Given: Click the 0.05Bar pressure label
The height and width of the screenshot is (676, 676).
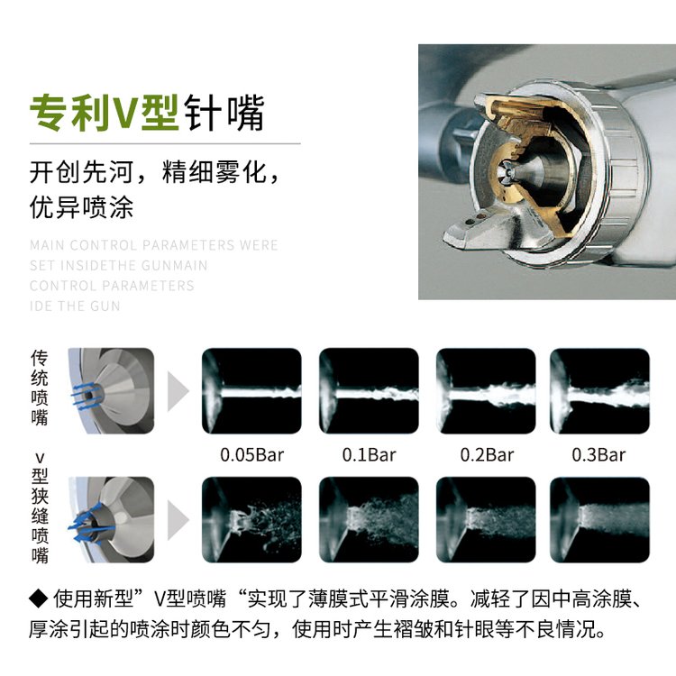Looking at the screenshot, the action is click(x=251, y=455).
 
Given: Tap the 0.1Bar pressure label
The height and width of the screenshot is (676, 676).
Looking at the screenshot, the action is click(x=369, y=455).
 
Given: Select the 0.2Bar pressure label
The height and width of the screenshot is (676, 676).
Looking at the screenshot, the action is click(x=487, y=455).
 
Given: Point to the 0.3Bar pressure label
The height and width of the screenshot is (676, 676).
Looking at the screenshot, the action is click(x=598, y=455).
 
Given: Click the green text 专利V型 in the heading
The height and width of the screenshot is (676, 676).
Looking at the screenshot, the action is click(x=104, y=113).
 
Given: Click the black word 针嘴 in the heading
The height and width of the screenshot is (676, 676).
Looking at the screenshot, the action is click(x=224, y=113).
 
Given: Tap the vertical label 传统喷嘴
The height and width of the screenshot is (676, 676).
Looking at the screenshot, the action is click(x=40, y=388).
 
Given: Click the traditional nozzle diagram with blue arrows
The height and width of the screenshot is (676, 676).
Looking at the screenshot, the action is click(x=111, y=390).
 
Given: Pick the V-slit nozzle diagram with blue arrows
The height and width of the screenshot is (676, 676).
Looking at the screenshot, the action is click(x=111, y=519).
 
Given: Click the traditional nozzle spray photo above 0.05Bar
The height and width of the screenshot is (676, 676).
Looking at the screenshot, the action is click(x=251, y=390).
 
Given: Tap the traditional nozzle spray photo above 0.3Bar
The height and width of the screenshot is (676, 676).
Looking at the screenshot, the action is click(x=599, y=390).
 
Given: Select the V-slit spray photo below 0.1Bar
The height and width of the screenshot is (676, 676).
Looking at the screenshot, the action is click(x=369, y=519).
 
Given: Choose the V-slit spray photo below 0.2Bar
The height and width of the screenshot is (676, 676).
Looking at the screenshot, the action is click(x=486, y=519).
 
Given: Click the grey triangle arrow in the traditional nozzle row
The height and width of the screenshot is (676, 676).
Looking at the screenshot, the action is click(x=177, y=391).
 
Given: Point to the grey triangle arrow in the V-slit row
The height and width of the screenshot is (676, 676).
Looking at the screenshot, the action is click(x=177, y=520).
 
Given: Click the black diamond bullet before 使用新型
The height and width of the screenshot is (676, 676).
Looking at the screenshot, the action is click(x=39, y=598).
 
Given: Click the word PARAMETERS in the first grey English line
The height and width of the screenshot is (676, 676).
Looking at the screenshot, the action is click(x=189, y=245).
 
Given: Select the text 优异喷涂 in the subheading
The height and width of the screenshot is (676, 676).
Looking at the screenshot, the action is click(x=81, y=208).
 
